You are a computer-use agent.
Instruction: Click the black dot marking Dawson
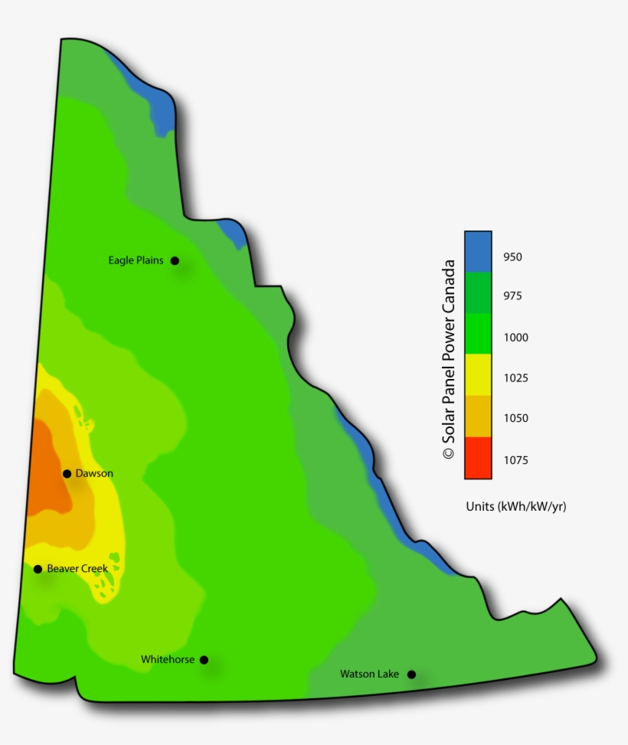(67, 474)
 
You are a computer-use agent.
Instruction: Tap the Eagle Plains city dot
(175, 260)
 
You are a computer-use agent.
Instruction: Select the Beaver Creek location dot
(38, 569)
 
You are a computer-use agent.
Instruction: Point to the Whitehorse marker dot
(204, 659)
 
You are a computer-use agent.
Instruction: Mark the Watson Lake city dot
(411, 675)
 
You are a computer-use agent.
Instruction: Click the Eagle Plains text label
(136, 260)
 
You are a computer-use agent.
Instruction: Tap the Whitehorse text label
(168, 659)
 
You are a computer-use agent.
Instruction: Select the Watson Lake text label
(369, 675)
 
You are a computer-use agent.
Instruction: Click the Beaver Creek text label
(77, 569)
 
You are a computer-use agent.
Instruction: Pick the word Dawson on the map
(94, 474)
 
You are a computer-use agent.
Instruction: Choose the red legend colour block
(478, 458)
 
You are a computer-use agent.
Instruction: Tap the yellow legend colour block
(478, 375)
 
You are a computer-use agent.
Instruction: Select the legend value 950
(512, 257)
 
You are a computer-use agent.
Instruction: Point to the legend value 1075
(515, 460)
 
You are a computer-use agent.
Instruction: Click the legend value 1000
(515, 338)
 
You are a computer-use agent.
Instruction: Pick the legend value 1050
(515, 419)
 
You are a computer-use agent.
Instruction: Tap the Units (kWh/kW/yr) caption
(515, 507)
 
